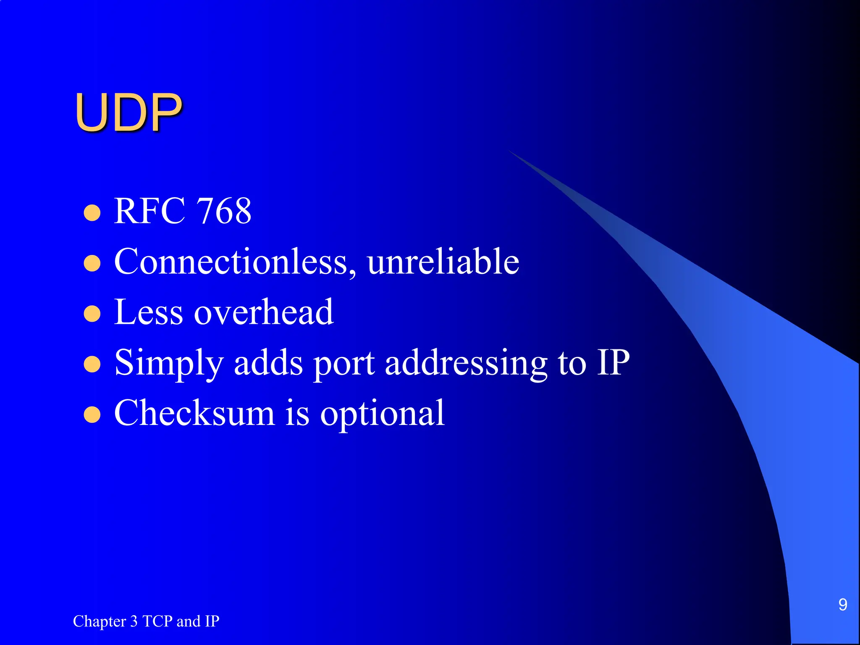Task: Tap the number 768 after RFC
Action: pyautogui.click(x=224, y=211)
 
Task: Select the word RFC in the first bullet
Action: pyautogui.click(x=149, y=211)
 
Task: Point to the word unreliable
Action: pyautogui.click(x=443, y=262)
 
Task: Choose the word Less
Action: pyautogui.click(x=149, y=312)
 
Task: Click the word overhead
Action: pyautogui.click(x=264, y=312)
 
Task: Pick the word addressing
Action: pyautogui.click(x=466, y=363)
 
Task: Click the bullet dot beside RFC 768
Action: pyautogui.click(x=92, y=213)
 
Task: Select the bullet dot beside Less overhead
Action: pyautogui.click(x=92, y=314)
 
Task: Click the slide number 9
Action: pyautogui.click(x=842, y=605)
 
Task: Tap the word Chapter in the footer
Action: pyautogui.click(x=100, y=621)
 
